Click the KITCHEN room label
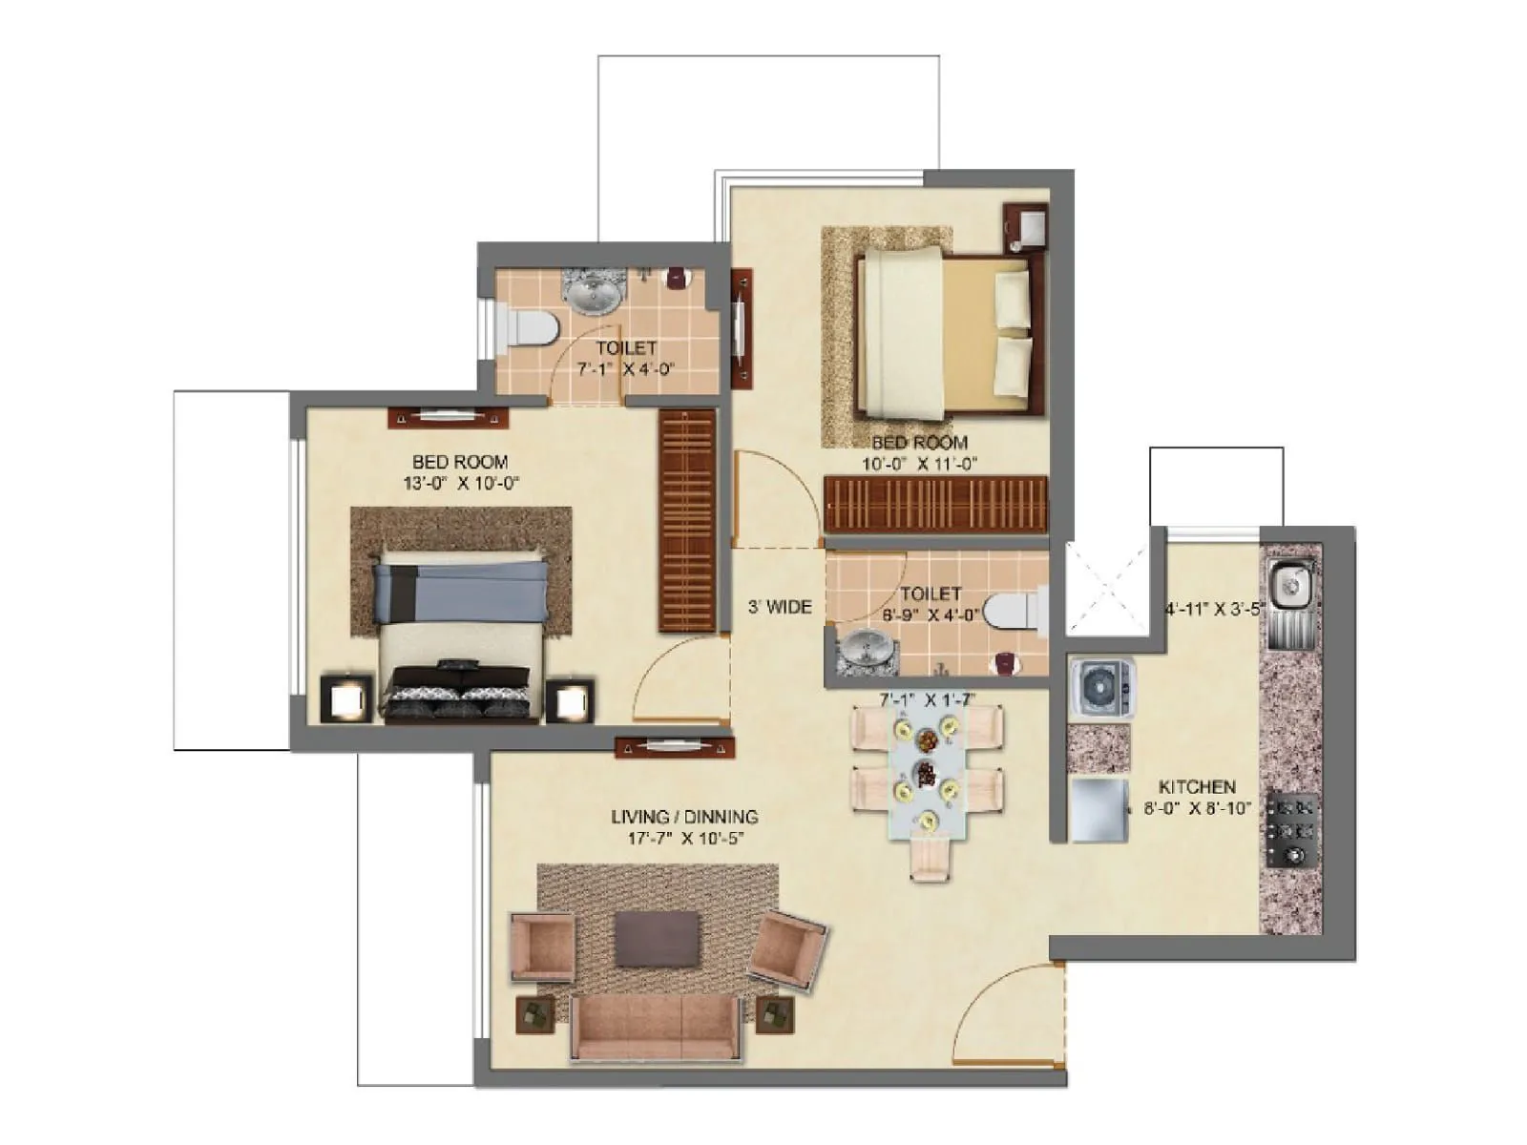(1196, 787)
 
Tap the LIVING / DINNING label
(684, 817)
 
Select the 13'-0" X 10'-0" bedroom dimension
(460, 483)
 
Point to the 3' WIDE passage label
(779, 607)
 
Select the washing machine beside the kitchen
(1101, 688)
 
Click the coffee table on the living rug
(657, 938)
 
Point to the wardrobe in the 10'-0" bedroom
(935, 504)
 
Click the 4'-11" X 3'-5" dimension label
(1214, 609)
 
